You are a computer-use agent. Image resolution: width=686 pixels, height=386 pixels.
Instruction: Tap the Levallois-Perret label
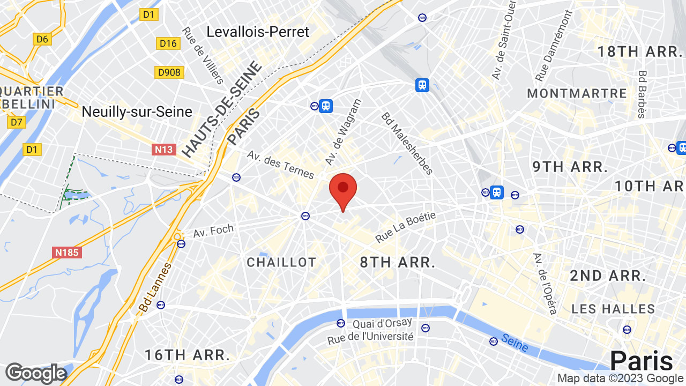[x=258, y=32]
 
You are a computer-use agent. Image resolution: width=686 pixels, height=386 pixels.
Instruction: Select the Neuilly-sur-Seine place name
[x=137, y=112]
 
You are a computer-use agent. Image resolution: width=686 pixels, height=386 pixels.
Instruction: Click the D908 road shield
[x=169, y=72]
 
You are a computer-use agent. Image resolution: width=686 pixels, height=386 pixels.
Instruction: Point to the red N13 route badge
[x=164, y=149]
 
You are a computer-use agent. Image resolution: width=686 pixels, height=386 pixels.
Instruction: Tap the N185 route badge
[x=67, y=251]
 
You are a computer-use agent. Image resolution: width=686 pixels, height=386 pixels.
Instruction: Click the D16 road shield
[x=168, y=43]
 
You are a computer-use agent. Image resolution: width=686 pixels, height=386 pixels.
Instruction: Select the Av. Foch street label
[x=213, y=231]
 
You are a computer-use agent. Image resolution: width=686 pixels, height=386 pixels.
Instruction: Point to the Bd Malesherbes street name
[x=407, y=143]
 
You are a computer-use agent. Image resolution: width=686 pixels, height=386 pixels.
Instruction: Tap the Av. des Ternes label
[x=280, y=165]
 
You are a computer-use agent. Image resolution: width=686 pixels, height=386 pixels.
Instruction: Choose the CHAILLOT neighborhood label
[x=281, y=262]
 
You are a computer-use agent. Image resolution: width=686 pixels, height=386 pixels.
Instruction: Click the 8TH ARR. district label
[x=397, y=262]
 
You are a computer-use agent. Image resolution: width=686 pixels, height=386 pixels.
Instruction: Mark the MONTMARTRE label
[x=577, y=93]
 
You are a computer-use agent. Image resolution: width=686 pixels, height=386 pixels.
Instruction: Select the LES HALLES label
[x=613, y=309]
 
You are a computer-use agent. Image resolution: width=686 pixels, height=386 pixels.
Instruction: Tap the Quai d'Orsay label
[x=382, y=323]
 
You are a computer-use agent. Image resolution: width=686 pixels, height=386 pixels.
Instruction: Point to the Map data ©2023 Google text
[x=620, y=378]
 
